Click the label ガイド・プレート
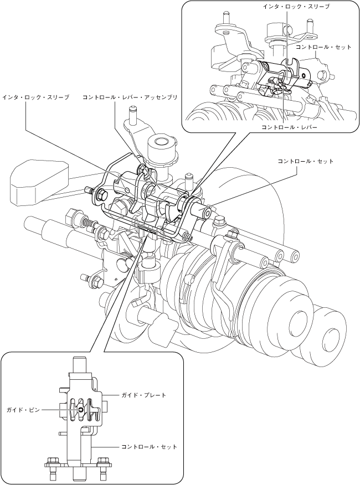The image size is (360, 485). (144, 395)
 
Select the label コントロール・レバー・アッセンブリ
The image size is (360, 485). (130, 97)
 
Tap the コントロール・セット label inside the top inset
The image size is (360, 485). (323, 48)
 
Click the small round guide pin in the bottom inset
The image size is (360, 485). (81, 409)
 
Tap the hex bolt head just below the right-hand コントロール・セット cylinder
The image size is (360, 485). (218, 223)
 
